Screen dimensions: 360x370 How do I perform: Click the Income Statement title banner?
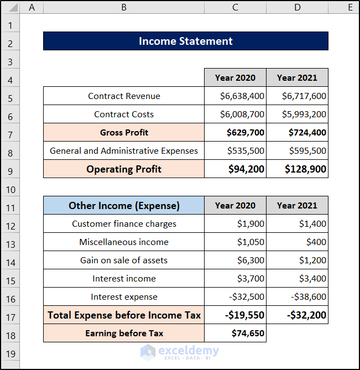186,41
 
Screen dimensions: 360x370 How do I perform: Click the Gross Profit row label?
124,132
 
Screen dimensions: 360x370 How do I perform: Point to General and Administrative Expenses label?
124,151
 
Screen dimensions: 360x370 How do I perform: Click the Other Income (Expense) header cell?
124,206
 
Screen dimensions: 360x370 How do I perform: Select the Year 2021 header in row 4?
298,77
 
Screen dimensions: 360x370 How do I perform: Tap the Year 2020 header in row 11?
235,206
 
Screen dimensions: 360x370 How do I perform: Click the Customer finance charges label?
124,223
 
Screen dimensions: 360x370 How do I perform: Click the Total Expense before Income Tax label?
124,315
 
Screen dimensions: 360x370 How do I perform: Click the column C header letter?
235,7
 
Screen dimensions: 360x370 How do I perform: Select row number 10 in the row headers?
11,190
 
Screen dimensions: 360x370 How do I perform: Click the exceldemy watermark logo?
180,352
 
